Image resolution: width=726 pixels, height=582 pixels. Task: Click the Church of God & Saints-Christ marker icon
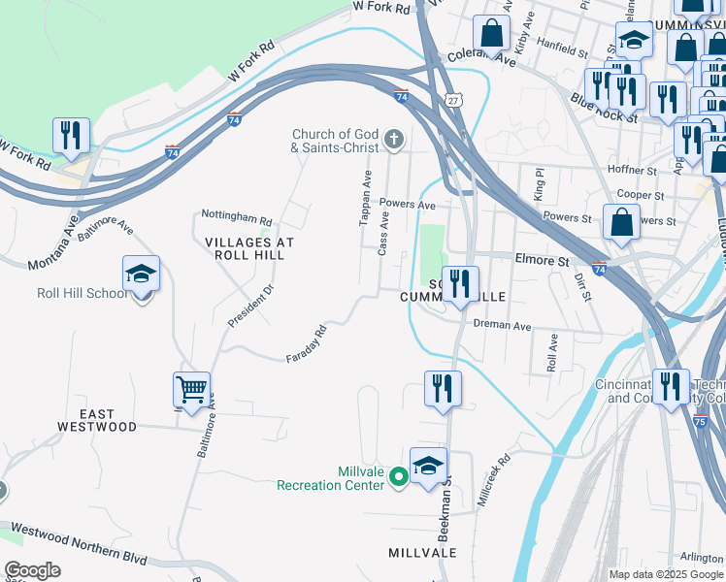coord(394,141)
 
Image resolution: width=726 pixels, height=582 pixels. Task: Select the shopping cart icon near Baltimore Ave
coord(191,389)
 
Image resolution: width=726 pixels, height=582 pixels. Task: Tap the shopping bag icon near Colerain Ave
coord(492,32)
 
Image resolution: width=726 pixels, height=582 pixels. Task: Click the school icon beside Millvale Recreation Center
coord(428,465)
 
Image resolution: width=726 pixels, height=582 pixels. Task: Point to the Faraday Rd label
coord(307,344)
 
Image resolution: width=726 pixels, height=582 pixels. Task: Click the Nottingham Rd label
coord(237,217)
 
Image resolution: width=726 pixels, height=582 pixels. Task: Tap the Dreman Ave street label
coord(503,326)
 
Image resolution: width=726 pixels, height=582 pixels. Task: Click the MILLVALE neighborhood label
coord(422,552)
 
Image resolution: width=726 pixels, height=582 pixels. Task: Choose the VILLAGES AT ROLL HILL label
coord(245,247)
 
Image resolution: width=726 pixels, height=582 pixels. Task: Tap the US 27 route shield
coord(454,100)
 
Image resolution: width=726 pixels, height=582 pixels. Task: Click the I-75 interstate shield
coord(717,423)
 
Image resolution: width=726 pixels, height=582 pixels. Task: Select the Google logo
coord(32,570)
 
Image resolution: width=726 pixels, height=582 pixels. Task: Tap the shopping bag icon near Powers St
coord(621,221)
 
